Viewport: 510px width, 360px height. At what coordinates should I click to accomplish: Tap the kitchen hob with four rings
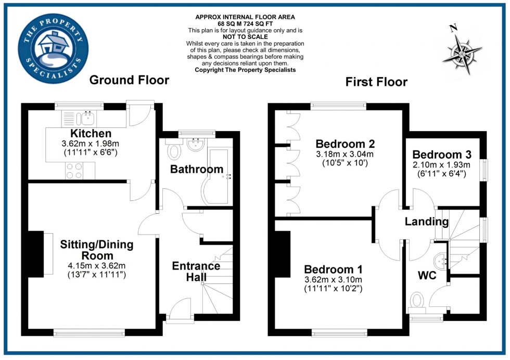pyautogui.click(x=73, y=170)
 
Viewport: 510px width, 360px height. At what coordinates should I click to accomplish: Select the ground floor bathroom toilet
pyautogui.click(x=174, y=150)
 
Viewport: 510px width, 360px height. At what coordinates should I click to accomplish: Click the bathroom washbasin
pyautogui.click(x=197, y=145)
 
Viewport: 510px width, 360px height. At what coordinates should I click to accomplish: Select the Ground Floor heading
pyautogui.click(x=129, y=80)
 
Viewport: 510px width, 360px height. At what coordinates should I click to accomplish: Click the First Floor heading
pyautogui.click(x=376, y=82)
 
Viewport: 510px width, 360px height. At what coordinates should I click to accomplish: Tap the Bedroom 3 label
pyautogui.click(x=442, y=155)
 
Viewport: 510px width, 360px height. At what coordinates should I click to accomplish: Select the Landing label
pyautogui.click(x=427, y=222)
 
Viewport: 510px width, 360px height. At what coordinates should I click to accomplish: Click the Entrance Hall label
pyautogui.click(x=196, y=271)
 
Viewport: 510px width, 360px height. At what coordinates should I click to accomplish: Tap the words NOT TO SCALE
pyautogui.click(x=245, y=37)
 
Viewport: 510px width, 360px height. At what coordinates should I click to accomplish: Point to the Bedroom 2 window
pyautogui.click(x=338, y=106)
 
